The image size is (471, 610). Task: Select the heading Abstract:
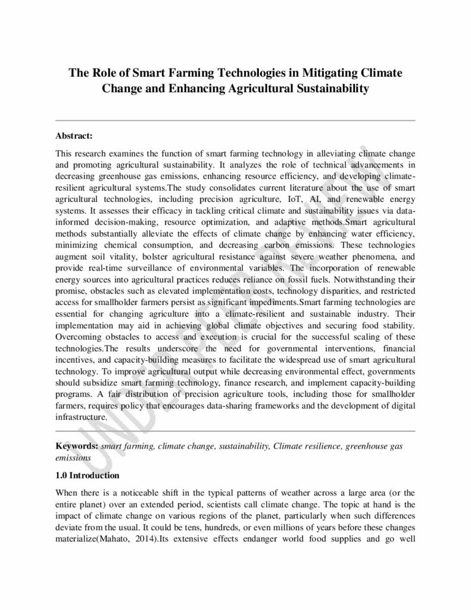[x=74, y=136]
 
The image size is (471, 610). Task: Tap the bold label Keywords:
[x=77, y=446]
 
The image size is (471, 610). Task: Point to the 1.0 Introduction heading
[x=88, y=475]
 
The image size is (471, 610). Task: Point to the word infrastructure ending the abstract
[x=81, y=418]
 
